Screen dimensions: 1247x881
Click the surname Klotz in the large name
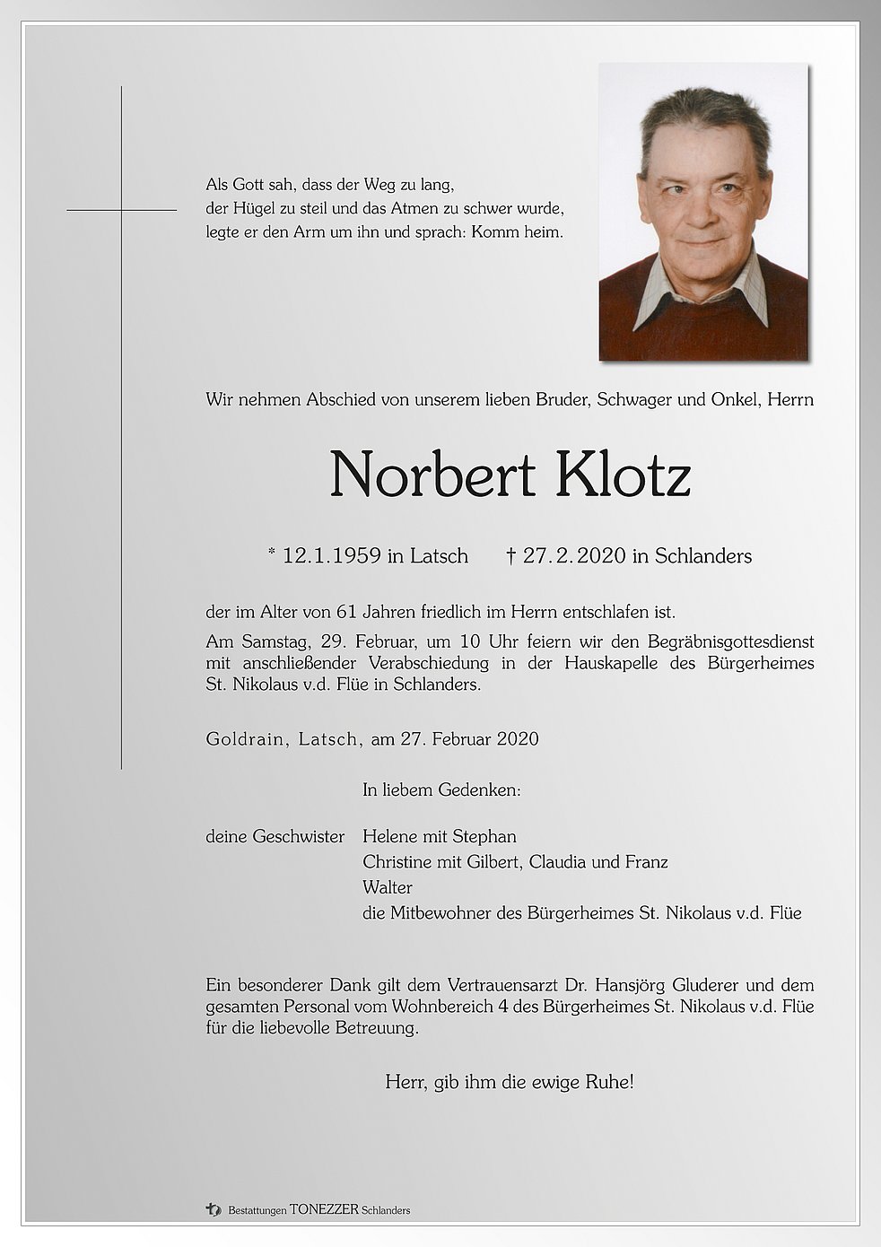[x=623, y=475]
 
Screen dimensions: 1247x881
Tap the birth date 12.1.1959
[x=331, y=556]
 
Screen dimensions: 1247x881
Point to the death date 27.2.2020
[x=574, y=556]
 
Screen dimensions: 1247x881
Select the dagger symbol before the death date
[x=510, y=556]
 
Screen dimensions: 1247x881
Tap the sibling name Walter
[x=388, y=887]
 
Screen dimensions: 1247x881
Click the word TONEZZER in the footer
[x=324, y=1210]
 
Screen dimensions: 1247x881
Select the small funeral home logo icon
[x=213, y=1209]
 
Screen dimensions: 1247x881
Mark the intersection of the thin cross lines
[x=121, y=210]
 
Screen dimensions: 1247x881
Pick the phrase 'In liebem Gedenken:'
[x=441, y=790]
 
